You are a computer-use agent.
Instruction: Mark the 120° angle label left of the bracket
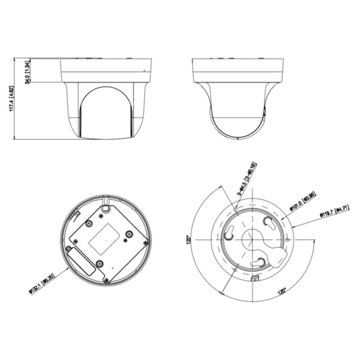pyautogui.click(x=187, y=239)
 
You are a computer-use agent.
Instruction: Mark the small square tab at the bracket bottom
pyautogui.click(x=254, y=278)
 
